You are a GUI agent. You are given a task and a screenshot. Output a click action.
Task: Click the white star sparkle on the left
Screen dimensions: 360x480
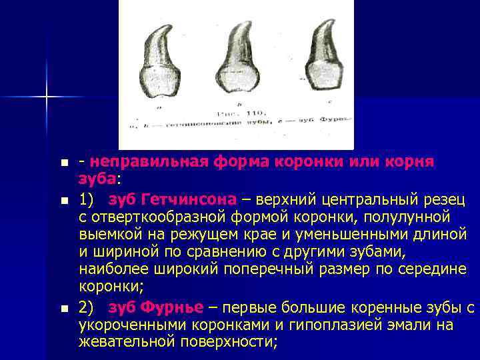47,97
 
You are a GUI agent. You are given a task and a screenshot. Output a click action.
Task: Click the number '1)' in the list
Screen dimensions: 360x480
86,199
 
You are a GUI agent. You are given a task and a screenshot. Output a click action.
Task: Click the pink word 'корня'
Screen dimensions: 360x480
411,163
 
